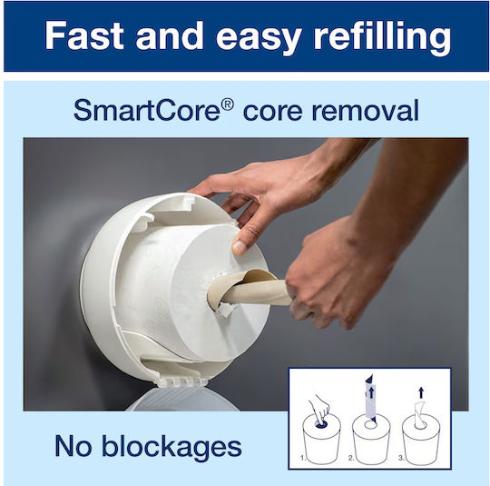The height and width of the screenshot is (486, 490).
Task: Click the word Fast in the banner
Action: point(84,35)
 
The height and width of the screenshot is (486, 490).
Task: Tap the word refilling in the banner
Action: point(382,37)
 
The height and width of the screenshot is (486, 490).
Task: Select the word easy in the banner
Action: point(259,39)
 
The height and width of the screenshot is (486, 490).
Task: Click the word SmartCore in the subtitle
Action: point(147,111)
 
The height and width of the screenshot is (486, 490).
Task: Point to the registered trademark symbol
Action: point(227,104)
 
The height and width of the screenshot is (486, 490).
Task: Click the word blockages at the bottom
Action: point(171,446)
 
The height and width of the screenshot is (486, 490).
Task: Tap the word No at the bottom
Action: point(73,446)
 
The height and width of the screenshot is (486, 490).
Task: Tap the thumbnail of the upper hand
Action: point(240,247)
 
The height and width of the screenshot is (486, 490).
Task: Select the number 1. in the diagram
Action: point(303,458)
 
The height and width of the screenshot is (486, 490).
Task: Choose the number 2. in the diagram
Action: point(351,458)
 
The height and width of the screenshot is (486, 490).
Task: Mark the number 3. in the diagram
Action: point(402,458)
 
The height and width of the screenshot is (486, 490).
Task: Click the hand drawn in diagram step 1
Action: point(319,410)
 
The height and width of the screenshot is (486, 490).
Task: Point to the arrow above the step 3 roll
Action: point(421,392)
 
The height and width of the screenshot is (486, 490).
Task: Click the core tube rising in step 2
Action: point(370,397)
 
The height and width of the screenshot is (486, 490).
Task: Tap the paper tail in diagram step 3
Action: point(420,414)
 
